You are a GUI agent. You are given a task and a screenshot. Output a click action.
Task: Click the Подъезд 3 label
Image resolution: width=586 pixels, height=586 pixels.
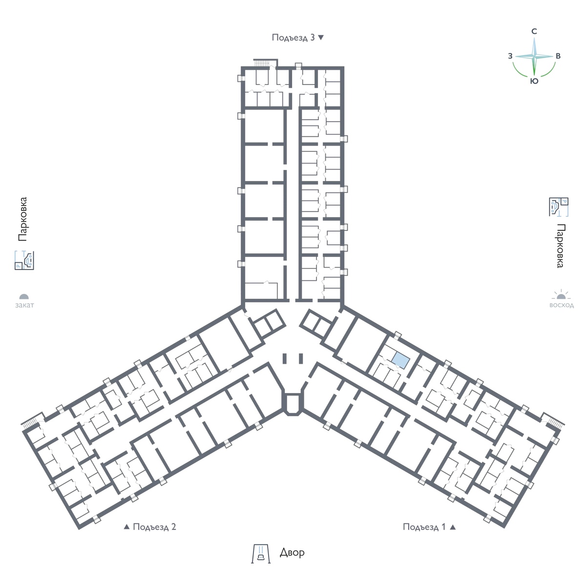tap(293, 38)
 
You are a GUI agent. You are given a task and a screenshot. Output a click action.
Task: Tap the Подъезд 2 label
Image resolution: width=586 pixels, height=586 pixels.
tap(154, 527)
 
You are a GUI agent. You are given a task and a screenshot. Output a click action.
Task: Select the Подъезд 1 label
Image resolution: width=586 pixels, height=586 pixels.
tap(424, 527)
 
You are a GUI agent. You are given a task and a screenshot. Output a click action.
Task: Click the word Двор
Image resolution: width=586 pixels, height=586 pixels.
tap(292, 552)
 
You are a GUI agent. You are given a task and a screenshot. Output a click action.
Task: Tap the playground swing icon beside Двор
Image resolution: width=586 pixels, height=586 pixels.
tap(261, 553)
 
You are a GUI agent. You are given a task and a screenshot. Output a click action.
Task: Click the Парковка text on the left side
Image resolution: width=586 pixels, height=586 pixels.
tap(23, 219)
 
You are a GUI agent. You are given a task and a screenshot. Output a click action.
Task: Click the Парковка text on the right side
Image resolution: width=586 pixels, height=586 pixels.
tap(561, 246)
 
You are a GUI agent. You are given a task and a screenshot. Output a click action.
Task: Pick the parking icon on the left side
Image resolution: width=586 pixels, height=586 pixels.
tap(24, 260)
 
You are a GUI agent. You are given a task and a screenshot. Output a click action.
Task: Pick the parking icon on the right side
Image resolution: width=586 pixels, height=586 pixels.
tap(559, 207)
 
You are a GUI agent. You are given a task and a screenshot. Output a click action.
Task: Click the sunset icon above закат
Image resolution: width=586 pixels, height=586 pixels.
tap(24, 296)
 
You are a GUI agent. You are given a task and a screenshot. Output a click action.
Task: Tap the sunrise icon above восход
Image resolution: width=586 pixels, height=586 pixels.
tap(561, 294)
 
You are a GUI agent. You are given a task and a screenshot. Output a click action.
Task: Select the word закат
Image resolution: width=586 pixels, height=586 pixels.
tap(24, 305)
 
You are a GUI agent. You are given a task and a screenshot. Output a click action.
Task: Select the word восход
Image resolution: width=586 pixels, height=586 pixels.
tap(562, 305)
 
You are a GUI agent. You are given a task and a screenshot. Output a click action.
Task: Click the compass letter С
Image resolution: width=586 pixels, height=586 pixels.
tap(534, 31)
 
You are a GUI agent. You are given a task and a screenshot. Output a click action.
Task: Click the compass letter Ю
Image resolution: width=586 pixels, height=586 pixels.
tap(534, 81)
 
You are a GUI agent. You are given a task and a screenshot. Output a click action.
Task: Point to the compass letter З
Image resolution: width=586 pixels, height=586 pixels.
tap(510, 56)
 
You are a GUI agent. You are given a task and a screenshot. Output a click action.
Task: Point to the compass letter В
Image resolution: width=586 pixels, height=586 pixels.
tap(558, 56)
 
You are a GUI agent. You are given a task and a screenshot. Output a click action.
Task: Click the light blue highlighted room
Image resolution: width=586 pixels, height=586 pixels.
tap(400, 361)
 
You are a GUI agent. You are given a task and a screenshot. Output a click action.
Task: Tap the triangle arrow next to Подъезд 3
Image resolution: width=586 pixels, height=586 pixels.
tap(321, 38)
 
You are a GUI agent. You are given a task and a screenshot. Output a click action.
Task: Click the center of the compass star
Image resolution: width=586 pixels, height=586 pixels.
tap(534, 56)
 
